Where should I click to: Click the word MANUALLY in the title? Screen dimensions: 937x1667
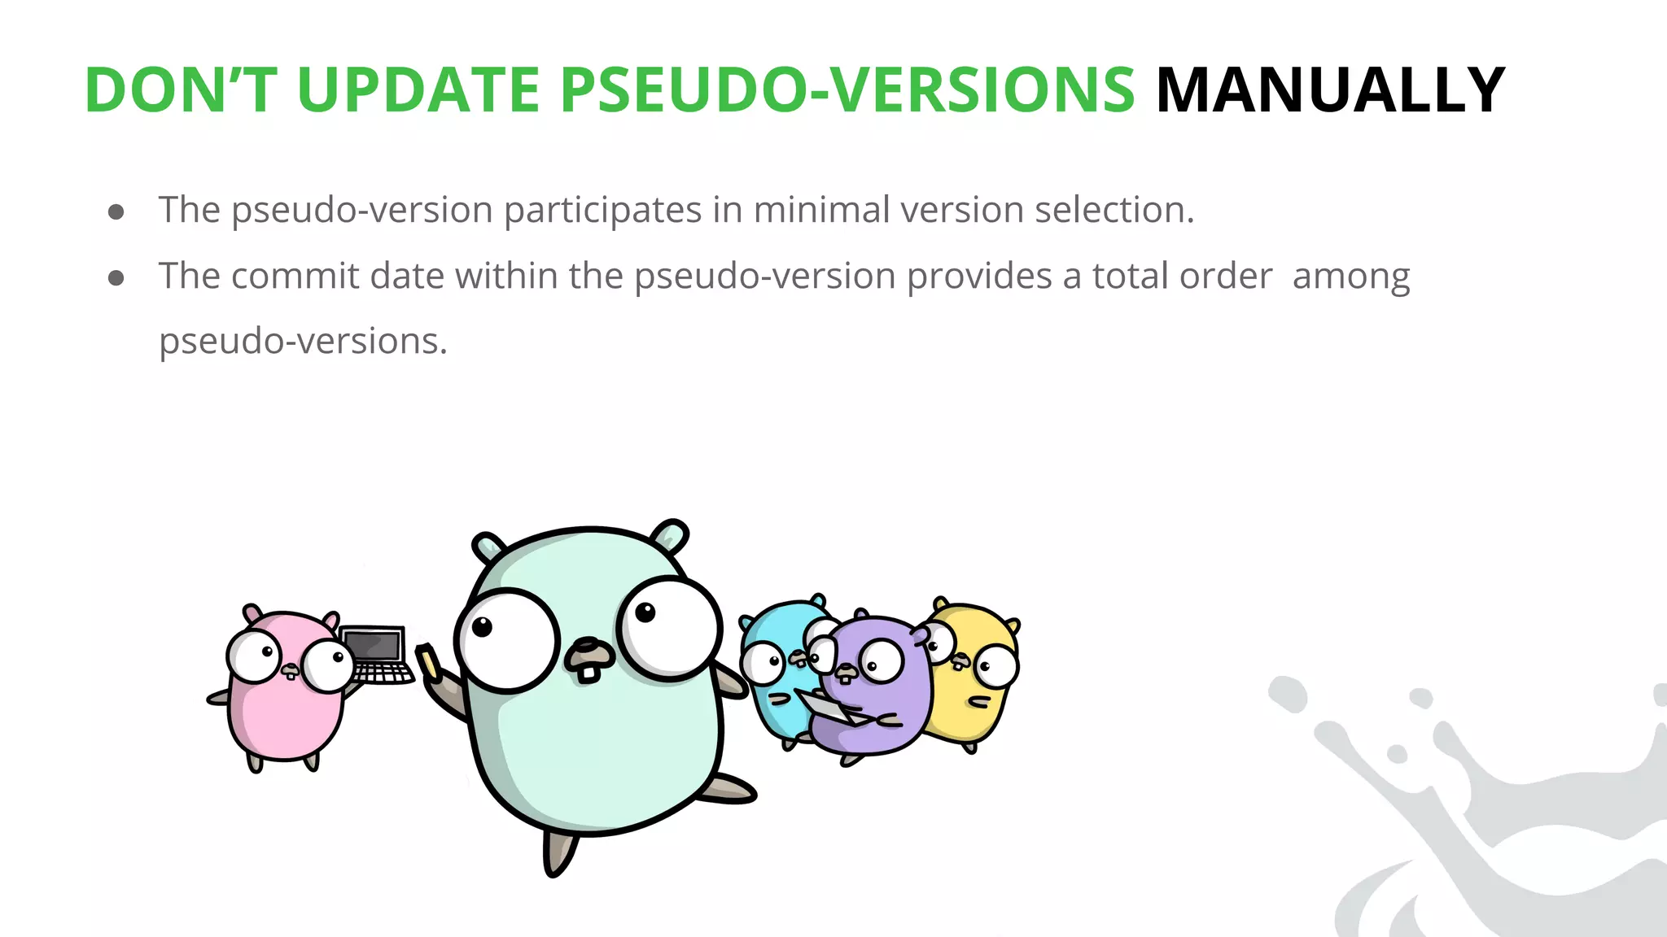pos(1330,89)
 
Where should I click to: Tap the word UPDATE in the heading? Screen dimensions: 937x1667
pos(418,89)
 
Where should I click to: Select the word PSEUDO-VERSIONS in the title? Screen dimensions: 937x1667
pos(847,89)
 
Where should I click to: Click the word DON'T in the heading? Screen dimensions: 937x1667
pos(181,89)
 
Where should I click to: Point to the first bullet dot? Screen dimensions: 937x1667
pos(116,212)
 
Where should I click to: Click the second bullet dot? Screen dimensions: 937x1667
pos(116,278)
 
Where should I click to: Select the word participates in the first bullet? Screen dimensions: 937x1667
pos(602,211)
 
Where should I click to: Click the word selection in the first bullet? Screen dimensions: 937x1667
pos(1114,210)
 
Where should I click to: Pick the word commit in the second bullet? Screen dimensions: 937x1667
pos(295,276)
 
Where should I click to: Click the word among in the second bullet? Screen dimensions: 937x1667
pos(1351,276)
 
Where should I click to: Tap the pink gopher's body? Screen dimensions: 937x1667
pos(285,716)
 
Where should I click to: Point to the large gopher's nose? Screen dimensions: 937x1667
pos(590,650)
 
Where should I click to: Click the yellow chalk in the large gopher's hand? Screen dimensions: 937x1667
pos(428,660)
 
